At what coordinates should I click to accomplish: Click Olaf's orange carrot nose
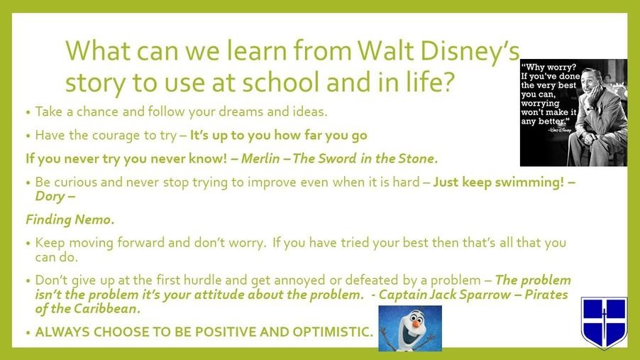click(x=416, y=324)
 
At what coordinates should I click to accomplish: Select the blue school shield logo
click(x=604, y=323)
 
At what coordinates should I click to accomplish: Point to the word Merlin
click(x=260, y=158)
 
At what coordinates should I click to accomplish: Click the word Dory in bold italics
click(x=50, y=197)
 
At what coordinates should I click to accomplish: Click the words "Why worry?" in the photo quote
click(x=549, y=67)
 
